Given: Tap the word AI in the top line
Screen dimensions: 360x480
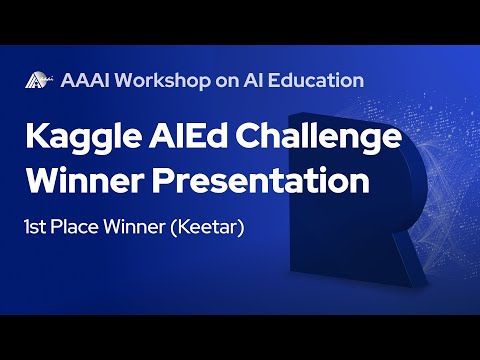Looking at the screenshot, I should [x=263, y=80].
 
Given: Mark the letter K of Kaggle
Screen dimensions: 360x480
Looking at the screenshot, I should [x=36, y=138].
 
